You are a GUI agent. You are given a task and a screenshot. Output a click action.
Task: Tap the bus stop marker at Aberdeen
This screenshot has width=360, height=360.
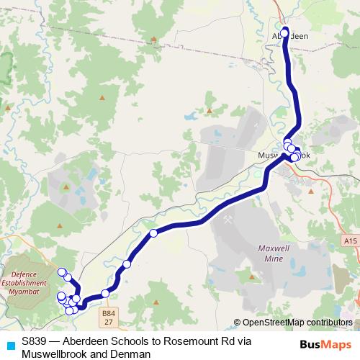pyautogui.click(x=284, y=32)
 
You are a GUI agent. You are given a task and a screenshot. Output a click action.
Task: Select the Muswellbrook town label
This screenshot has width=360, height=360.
pyautogui.click(x=284, y=155)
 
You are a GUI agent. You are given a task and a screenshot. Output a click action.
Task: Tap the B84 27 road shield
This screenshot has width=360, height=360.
pyautogui.click(x=109, y=317)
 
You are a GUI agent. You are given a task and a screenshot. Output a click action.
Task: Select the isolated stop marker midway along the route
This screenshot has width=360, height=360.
pyautogui.click(x=153, y=233)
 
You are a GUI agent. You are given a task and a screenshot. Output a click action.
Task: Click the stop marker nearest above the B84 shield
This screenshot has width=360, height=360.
pyautogui.click(x=105, y=293)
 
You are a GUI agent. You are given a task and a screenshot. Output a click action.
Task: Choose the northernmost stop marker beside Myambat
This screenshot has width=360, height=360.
pyautogui.click(x=62, y=271)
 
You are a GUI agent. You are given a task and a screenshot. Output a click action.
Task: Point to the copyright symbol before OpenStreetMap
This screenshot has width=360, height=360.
pyautogui.click(x=238, y=323)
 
